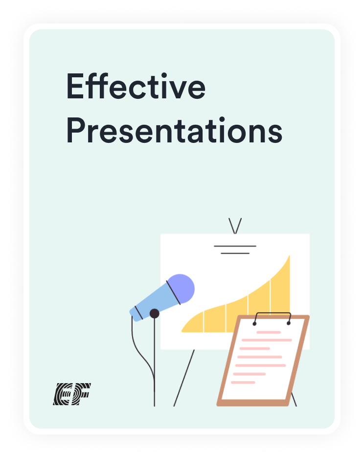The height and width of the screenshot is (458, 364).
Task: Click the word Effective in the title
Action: tap(136, 86)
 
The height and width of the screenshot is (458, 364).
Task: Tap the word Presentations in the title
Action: tap(174, 130)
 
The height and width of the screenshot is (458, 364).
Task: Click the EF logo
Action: tap(72, 394)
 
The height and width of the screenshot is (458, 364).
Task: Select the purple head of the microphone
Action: tap(182, 289)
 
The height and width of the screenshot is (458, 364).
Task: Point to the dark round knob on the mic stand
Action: tap(155, 314)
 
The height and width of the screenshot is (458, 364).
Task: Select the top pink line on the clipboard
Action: tap(269, 332)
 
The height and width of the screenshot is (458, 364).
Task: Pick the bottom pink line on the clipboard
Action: tap(243, 382)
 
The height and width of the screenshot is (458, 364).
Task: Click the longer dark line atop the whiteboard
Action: tap(235, 246)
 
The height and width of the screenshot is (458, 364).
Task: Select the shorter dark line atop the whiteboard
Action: tap(235, 253)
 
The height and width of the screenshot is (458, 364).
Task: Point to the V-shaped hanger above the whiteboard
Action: tap(235, 226)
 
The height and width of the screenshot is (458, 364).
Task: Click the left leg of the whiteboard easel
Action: tap(184, 378)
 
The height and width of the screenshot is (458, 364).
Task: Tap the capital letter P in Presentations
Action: tap(76, 130)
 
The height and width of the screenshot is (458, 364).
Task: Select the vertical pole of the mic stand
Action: tap(155, 362)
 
